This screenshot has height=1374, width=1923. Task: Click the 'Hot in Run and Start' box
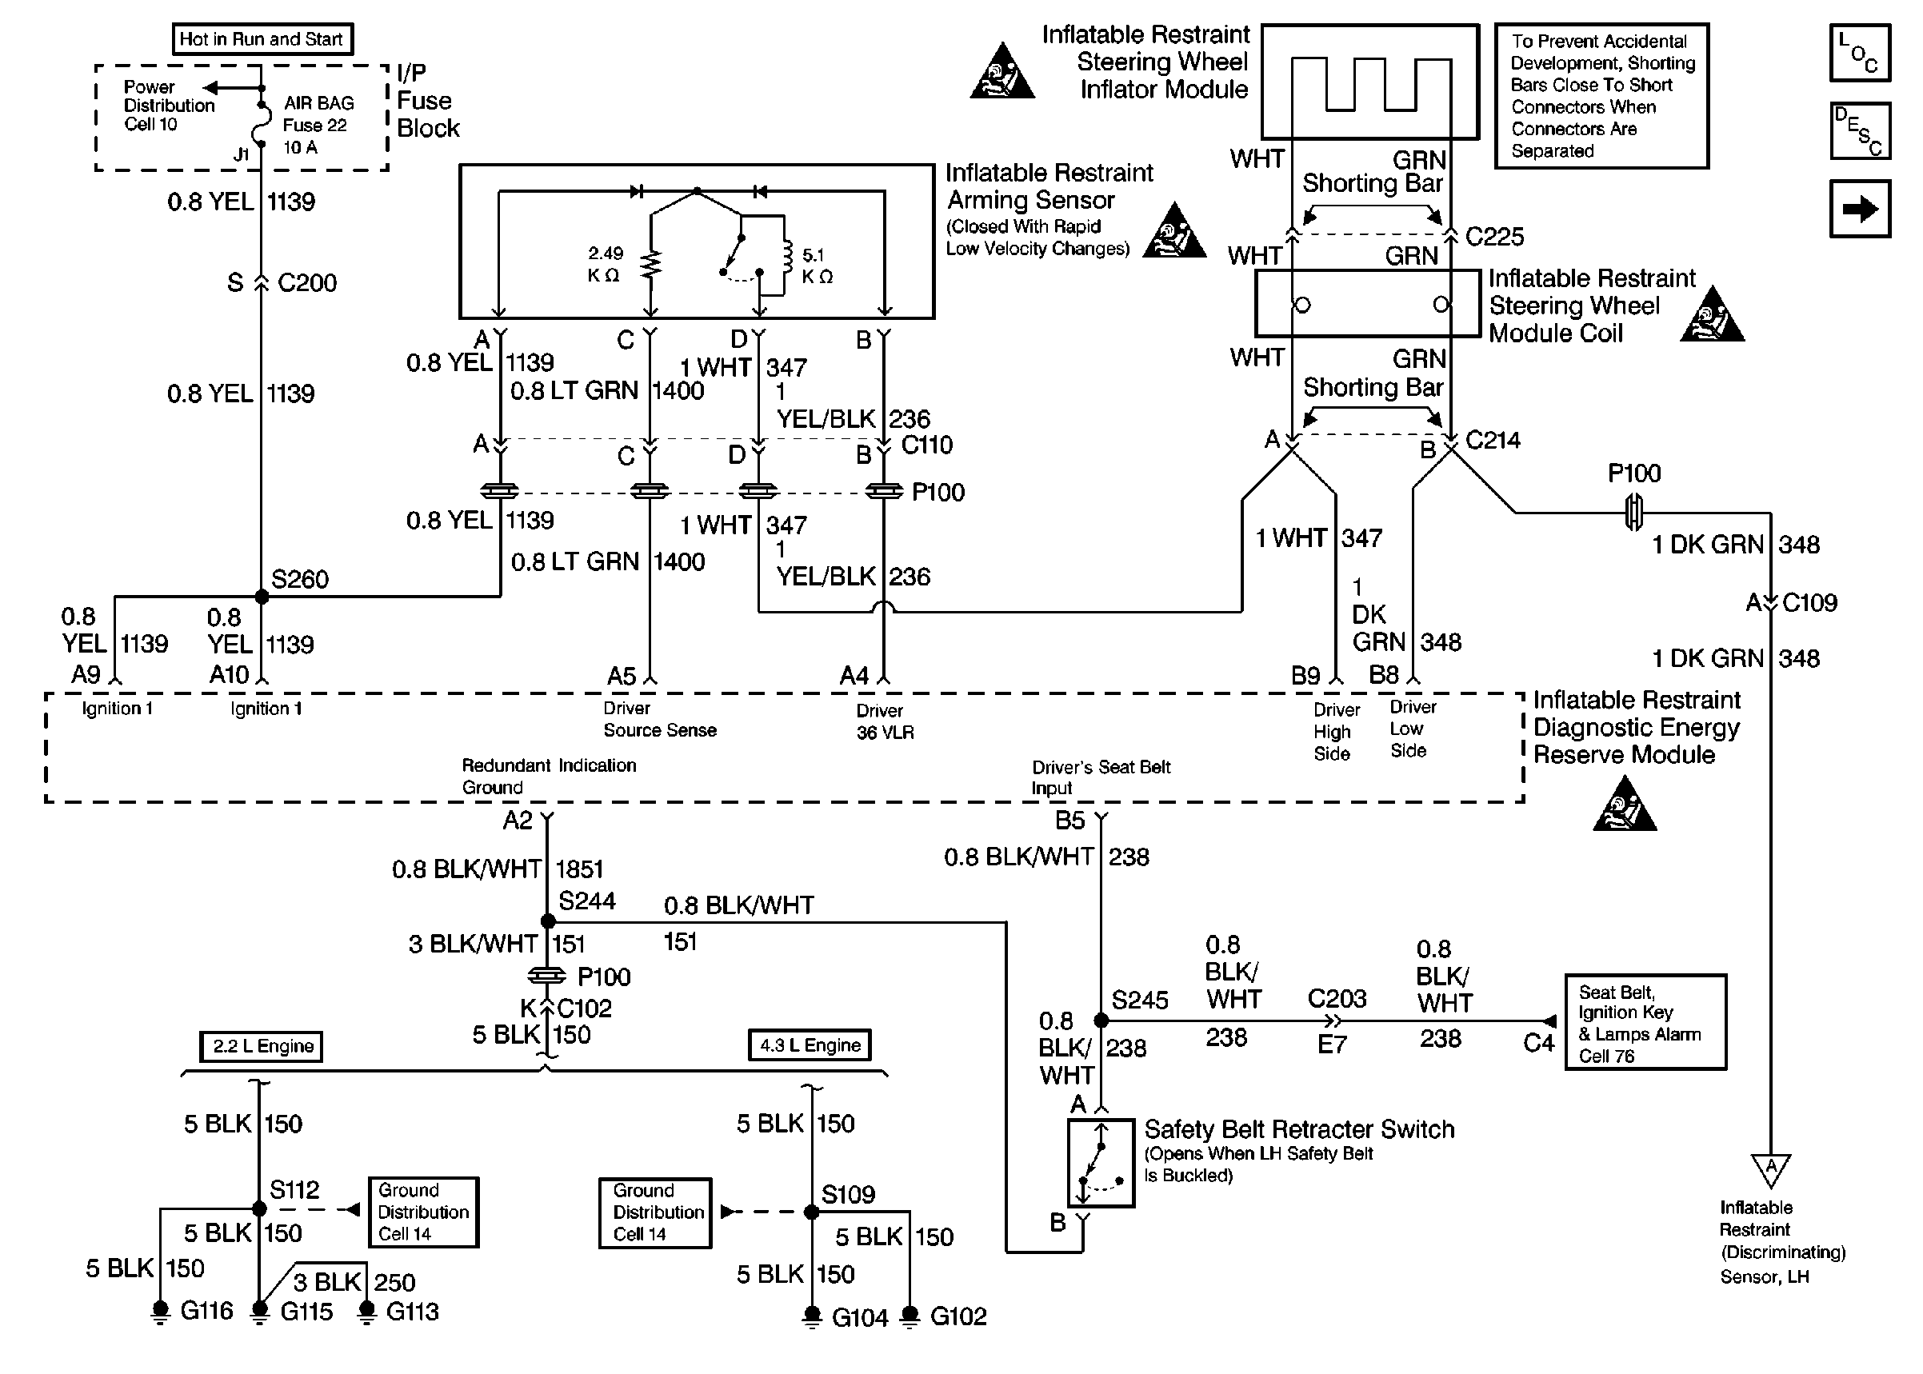coord(262,39)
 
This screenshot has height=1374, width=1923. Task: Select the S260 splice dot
coord(262,597)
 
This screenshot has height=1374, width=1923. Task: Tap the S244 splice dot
coord(547,921)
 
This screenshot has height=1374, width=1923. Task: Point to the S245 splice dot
coord(1101,1021)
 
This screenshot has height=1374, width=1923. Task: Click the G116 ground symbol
coord(160,1311)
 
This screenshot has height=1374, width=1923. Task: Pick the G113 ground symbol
coord(366,1311)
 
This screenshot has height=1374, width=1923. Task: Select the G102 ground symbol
coord(910,1316)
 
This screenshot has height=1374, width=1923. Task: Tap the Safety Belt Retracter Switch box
coord(1101,1163)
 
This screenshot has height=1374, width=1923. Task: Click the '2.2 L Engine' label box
coord(262,1046)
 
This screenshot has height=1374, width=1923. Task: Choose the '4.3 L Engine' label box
coord(810,1044)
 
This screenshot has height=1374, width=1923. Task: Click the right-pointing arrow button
coord(1860,208)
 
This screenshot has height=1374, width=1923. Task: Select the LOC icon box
coord(1860,54)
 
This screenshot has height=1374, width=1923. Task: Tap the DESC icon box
coord(1860,131)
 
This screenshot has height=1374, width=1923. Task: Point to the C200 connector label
coord(306,282)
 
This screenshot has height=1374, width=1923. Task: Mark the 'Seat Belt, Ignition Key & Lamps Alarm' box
coord(1645,1022)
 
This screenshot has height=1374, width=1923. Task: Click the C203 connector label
coord(1337,999)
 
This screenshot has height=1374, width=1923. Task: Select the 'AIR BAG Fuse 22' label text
coord(318,114)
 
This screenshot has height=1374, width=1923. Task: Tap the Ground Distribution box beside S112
coord(424,1212)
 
